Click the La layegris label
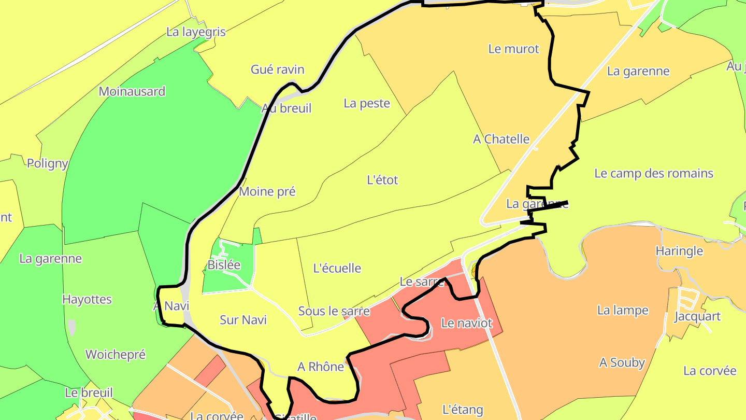196,32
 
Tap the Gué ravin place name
277,69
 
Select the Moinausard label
132,92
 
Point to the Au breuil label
286,108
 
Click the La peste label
367,103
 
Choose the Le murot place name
513,49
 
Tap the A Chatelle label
501,139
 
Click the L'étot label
382,180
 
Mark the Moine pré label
267,191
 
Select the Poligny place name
47,163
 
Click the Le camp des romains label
654,173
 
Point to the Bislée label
224,265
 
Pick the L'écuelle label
337,268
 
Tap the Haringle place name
679,251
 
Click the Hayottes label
87,299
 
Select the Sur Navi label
243,320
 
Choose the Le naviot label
466,323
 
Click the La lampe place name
623,310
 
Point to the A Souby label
622,362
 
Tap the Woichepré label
115,355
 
